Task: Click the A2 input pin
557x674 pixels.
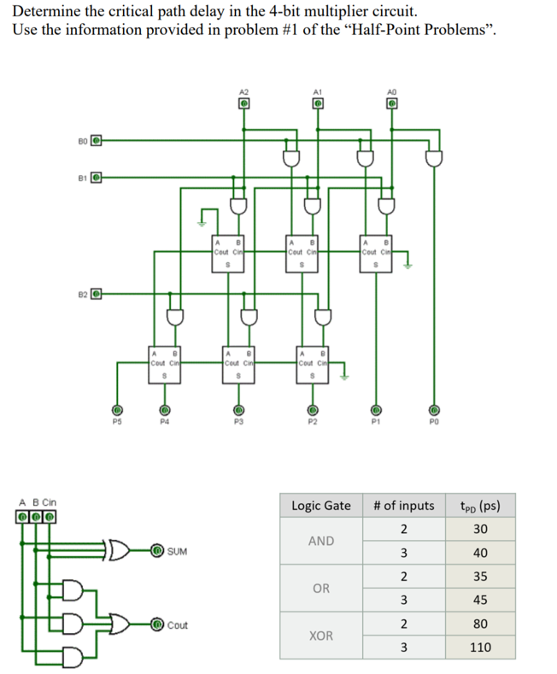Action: pos(243,104)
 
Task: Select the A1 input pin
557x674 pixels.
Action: pos(317,104)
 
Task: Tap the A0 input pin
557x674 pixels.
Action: pos(390,104)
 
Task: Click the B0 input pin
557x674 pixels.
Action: pos(97,139)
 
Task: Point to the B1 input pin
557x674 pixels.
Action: pos(97,178)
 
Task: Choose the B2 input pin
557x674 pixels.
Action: pos(97,295)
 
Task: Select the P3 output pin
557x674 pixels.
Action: pos(239,409)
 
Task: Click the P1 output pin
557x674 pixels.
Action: pos(373,409)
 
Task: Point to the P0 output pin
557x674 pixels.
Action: pos(434,409)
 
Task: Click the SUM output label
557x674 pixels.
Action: pos(178,552)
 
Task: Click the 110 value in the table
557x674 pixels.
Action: pos(480,647)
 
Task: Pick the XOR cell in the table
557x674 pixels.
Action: pos(321,636)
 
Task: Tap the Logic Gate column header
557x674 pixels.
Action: pos(321,506)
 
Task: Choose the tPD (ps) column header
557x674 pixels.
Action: pos(480,506)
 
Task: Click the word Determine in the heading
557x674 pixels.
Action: pos(44,12)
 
